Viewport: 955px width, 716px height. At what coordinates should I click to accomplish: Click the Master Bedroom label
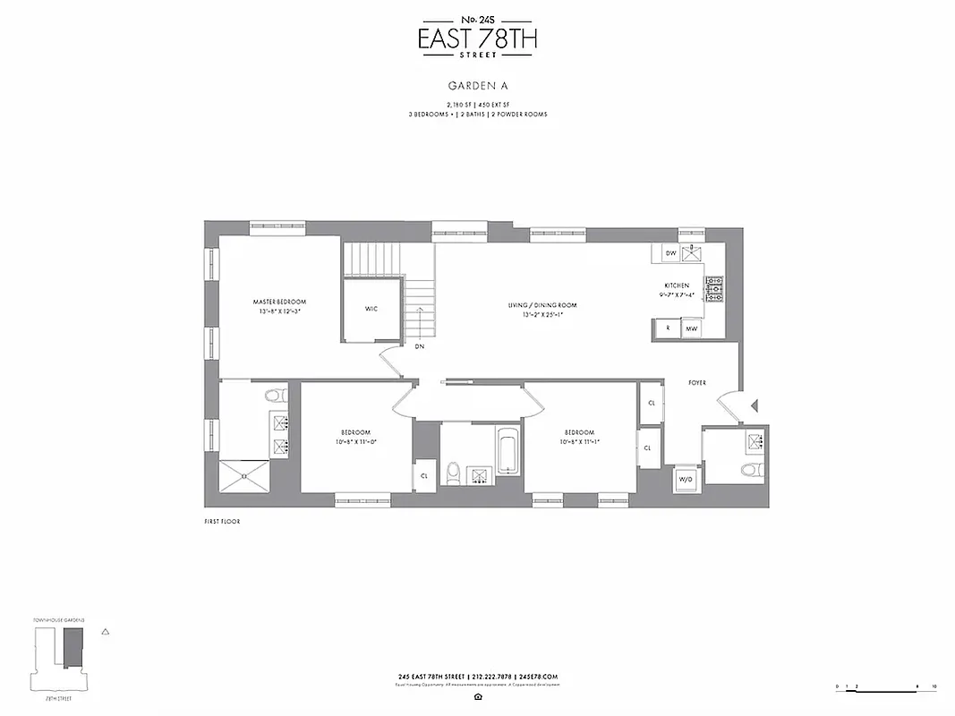[x=279, y=307]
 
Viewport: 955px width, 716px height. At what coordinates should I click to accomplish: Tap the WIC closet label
[x=371, y=309]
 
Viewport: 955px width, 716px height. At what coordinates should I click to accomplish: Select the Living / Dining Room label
[x=542, y=310]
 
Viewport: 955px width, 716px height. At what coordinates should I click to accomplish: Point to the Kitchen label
[x=676, y=289]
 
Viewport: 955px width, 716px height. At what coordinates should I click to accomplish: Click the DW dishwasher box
[x=670, y=253]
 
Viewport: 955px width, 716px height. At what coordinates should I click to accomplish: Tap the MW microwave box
[x=691, y=329]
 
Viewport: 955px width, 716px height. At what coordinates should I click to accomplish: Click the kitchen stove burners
[x=714, y=288]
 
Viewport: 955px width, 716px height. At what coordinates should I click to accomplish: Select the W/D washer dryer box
[x=686, y=478]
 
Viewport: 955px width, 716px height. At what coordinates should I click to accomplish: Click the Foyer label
[x=696, y=383]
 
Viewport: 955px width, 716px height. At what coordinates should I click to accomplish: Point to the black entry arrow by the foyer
[x=754, y=406]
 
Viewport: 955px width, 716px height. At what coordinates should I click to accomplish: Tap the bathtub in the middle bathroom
[x=507, y=452]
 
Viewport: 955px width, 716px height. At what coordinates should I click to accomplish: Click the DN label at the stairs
[x=419, y=346]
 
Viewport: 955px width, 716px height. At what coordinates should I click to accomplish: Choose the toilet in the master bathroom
[x=275, y=394]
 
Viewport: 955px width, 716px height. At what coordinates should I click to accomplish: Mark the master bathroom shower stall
[x=244, y=476]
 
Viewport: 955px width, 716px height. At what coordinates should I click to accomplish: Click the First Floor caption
[x=222, y=521]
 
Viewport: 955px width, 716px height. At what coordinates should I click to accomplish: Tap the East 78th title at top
[x=478, y=38]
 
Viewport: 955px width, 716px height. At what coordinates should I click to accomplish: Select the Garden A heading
[x=477, y=87]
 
